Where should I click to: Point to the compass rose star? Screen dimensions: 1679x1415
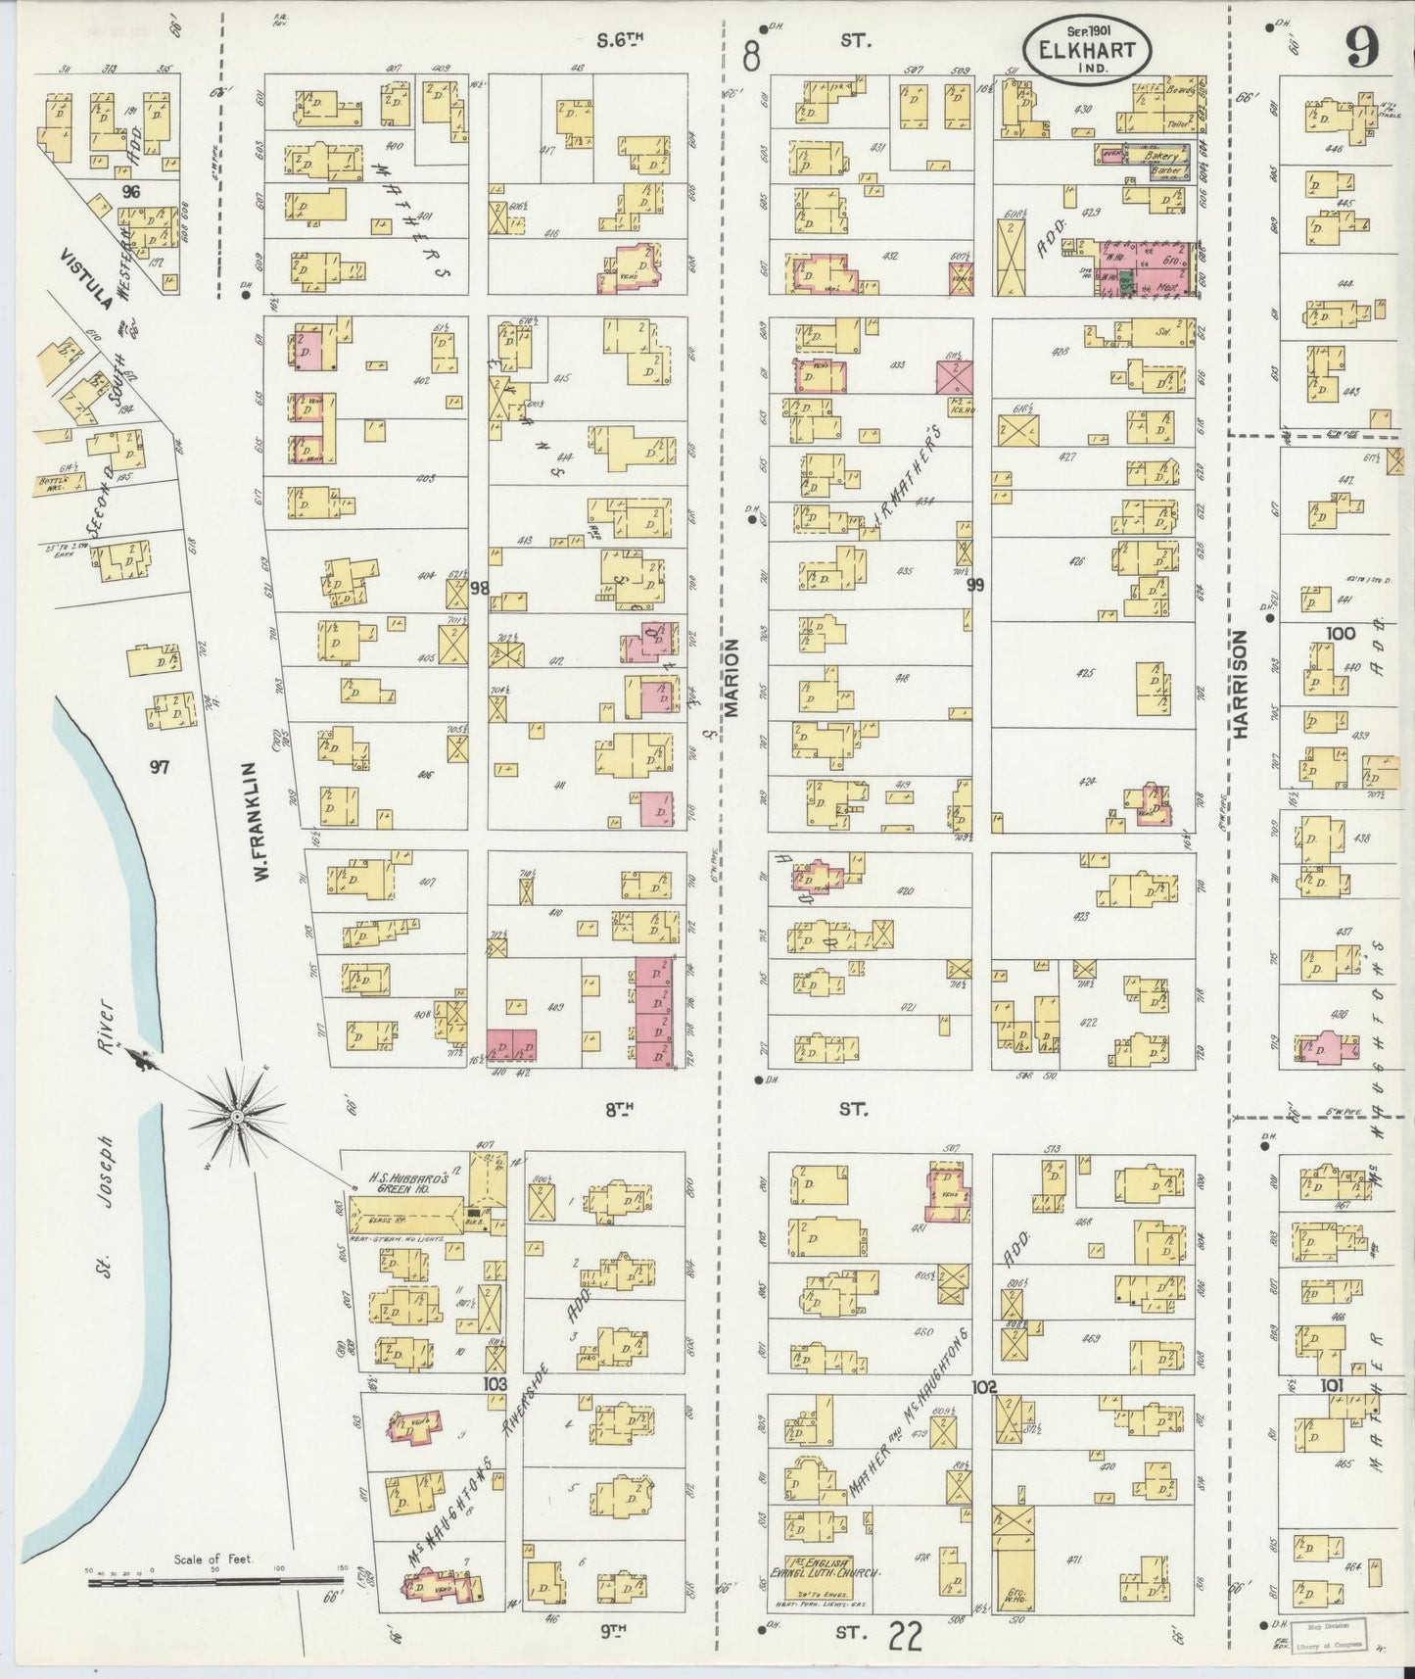(x=236, y=1116)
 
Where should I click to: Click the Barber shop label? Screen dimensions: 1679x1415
(x=1163, y=171)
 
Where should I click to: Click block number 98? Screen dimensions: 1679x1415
(x=478, y=588)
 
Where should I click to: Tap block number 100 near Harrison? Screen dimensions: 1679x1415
(x=1340, y=634)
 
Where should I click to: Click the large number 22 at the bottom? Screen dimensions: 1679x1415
(x=908, y=1636)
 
